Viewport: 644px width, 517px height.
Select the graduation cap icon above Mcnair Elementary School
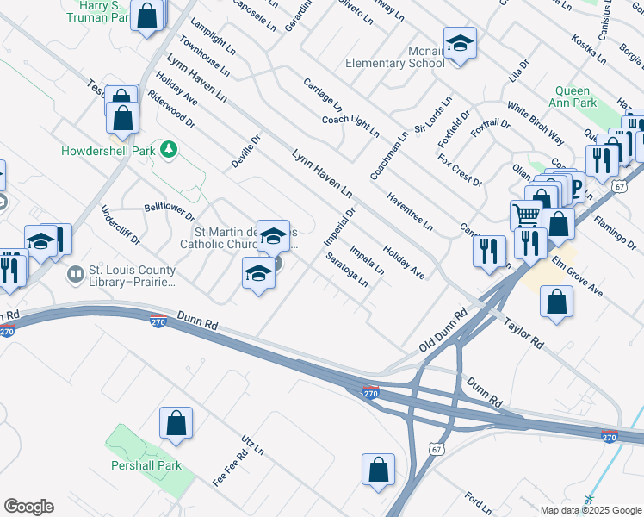coord(460,44)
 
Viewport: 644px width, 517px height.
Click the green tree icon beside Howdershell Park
coord(170,150)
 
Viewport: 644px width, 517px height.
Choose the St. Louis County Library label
coord(132,276)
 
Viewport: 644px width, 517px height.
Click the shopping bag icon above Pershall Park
coord(176,423)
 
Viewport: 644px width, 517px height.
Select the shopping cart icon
coord(526,215)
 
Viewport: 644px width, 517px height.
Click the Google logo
coord(28,507)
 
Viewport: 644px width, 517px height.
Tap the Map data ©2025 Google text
coord(591,510)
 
